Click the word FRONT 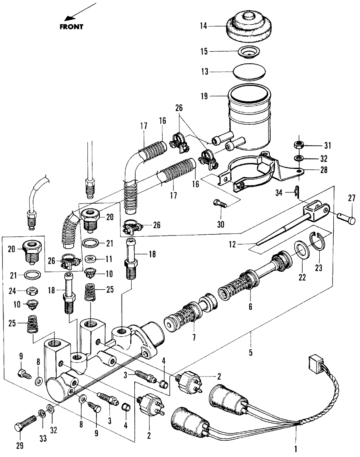pyautogui.click(x=71, y=27)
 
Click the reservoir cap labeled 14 pyautogui.click(x=250, y=26)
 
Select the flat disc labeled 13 pyautogui.click(x=250, y=72)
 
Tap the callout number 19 pyautogui.click(x=204, y=96)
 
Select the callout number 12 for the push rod pyautogui.click(x=232, y=244)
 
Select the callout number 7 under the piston pyautogui.click(x=194, y=337)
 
